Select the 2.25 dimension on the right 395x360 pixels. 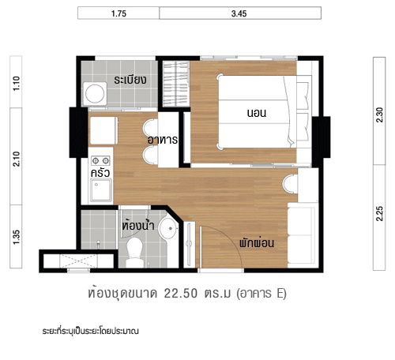[381, 212]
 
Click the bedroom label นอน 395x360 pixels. [256, 114]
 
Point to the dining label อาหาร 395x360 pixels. [161, 139]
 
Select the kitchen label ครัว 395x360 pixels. [100, 171]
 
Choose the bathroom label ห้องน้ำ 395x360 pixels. [137, 224]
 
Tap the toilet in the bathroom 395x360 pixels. [134, 251]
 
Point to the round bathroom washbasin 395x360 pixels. [167, 231]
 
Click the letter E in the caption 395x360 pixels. [280, 294]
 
